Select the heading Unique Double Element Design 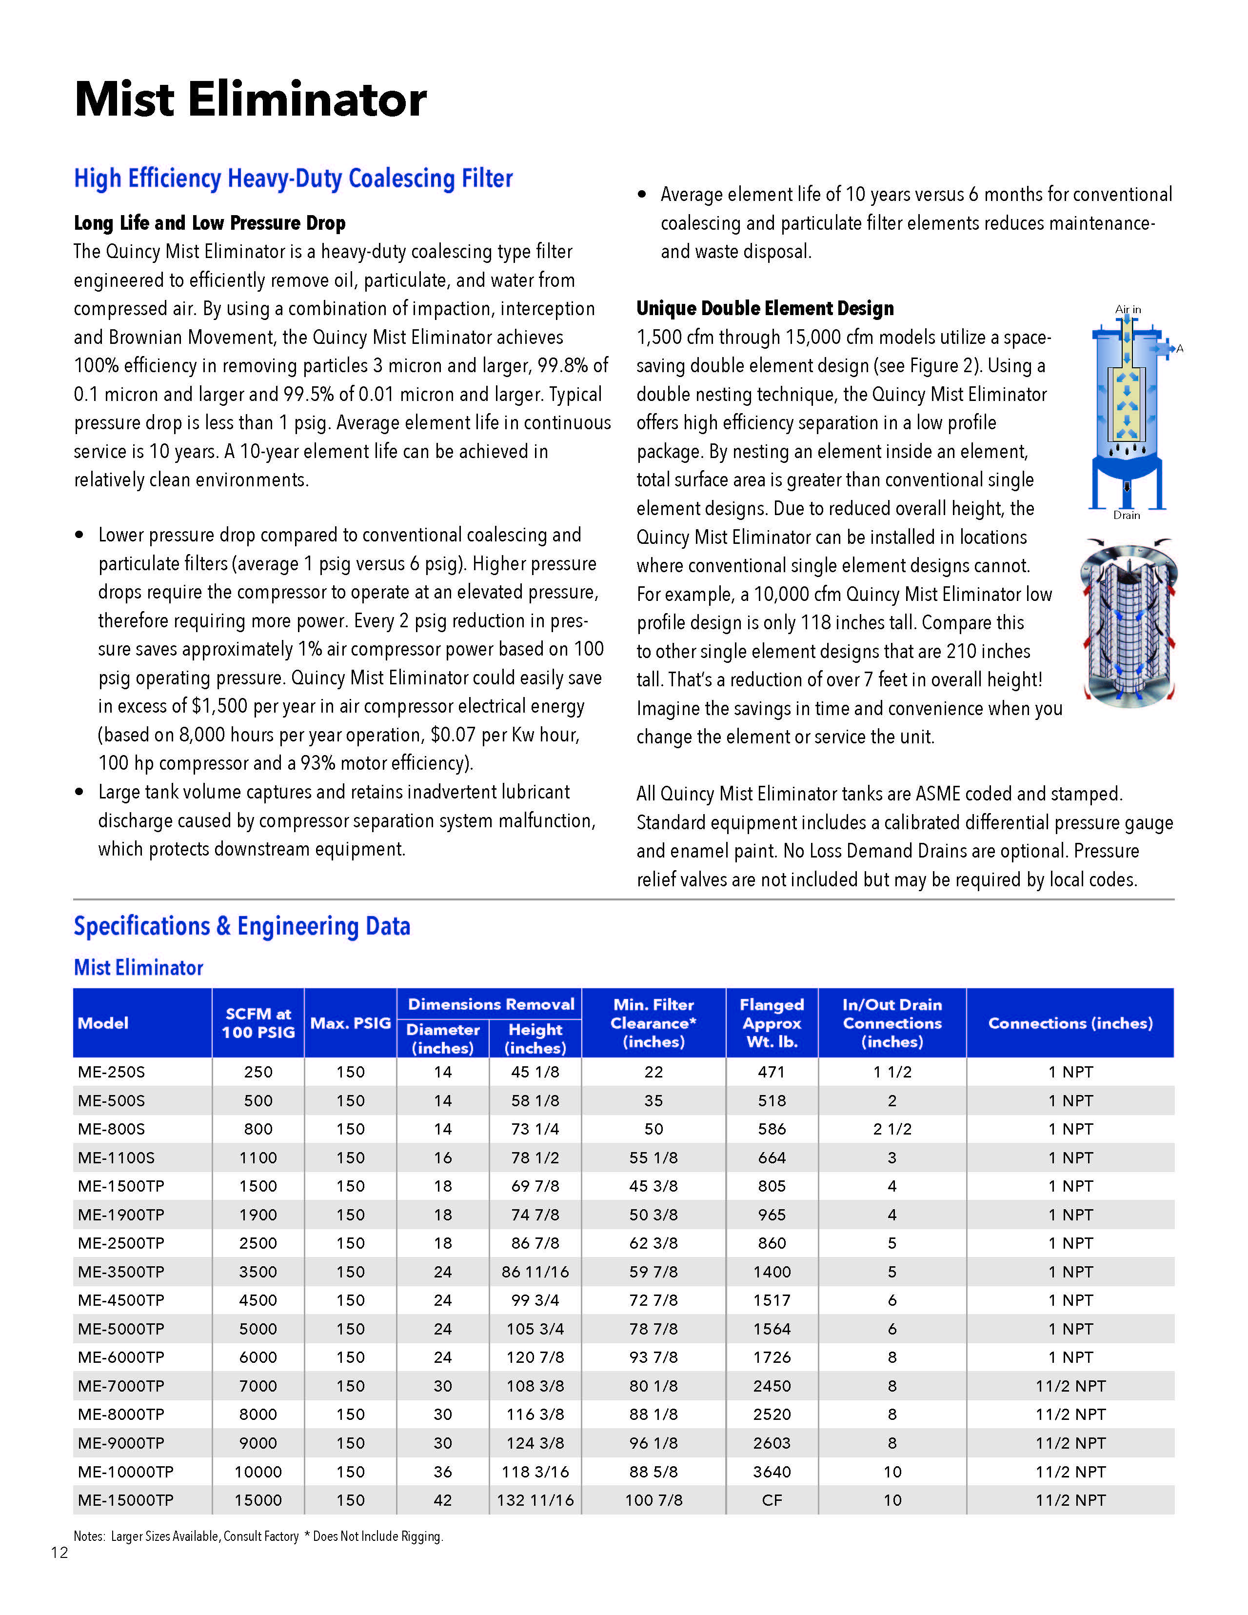(765, 308)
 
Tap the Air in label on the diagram (1128, 309)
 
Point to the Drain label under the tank (1127, 515)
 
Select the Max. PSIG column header (351, 1023)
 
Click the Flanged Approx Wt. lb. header (772, 1023)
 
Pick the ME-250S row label (112, 1072)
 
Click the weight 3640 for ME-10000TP (772, 1472)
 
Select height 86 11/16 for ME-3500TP (535, 1272)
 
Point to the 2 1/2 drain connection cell (892, 1129)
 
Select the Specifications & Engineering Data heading (242, 927)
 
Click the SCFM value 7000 (258, 1386)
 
